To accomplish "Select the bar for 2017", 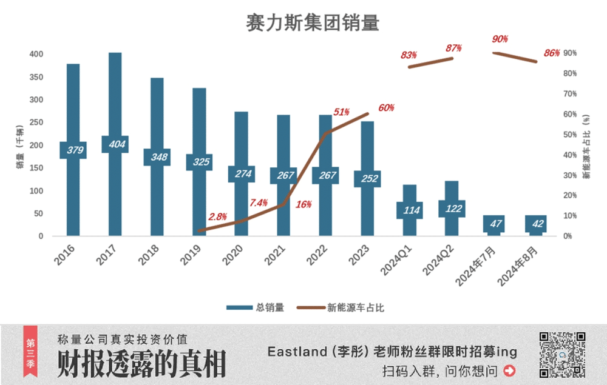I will pyautogui.click(x=115, y=97).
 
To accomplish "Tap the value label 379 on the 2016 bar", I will pyautogui.click(x=73, y=150).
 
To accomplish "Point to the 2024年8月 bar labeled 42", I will pyautogui.click(x=535, y=224).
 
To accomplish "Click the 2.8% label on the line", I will pyautogui.click(x=217, y=216).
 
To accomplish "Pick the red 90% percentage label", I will pyautogui.click(x=500, y=39).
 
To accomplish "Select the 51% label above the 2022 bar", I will pyautogui.click(x=341, y=112).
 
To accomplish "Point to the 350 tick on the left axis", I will pyautogui.click(x=37, y=77).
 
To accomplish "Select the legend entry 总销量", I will pyautogui.click(x=255, y=307).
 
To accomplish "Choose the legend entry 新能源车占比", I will pyautogui.click(x=340, y=307).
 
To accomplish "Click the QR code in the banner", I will pyautogui.click(x=562, y=355).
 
